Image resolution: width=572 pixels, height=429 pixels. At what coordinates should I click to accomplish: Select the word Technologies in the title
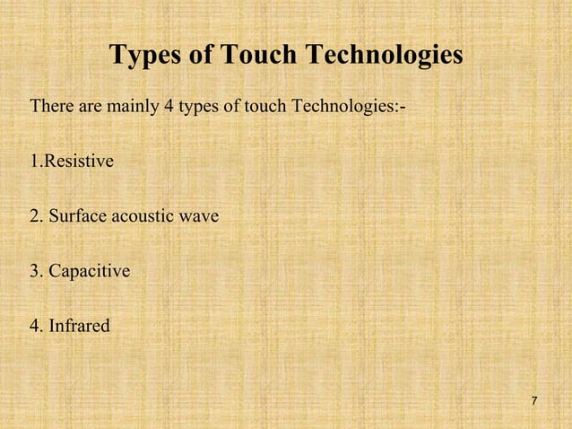(386, 57)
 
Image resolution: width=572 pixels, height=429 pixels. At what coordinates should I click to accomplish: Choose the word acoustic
(142, 216)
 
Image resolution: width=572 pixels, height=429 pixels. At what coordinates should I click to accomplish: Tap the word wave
(199, 216)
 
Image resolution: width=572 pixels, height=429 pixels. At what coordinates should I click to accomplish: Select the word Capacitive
(90, 270)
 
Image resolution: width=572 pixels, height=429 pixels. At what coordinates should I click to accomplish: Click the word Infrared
(80, 324)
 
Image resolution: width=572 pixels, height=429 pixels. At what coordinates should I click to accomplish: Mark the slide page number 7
(534, 400)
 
